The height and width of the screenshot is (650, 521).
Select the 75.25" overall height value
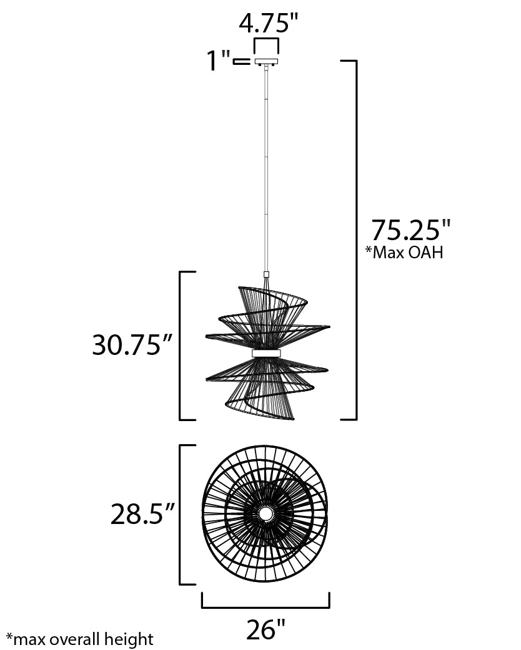pyautogui.click(x=410, y=230)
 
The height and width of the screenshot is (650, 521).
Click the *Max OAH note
pyautogui.click(x=404, y=253)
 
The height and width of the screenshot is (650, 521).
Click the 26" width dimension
pyautogui.click(x=265, y=630)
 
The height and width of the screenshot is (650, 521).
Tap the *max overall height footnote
pyautogui.click(x=79, y=639)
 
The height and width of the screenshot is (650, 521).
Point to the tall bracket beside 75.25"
pyautogui.click(x=355, y=240)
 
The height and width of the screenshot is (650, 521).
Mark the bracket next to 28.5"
pyautogui.click(x=181, y=515)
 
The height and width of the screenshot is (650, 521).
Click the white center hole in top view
pyautogui.click(x=266, y=513)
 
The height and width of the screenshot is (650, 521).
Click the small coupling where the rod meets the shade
pyautogui.click(x=267, y=274)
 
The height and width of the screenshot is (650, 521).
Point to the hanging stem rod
pyautogui.click(x=267, y=168)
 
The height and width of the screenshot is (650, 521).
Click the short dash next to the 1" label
pyautogui.click(x=241, y=62)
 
